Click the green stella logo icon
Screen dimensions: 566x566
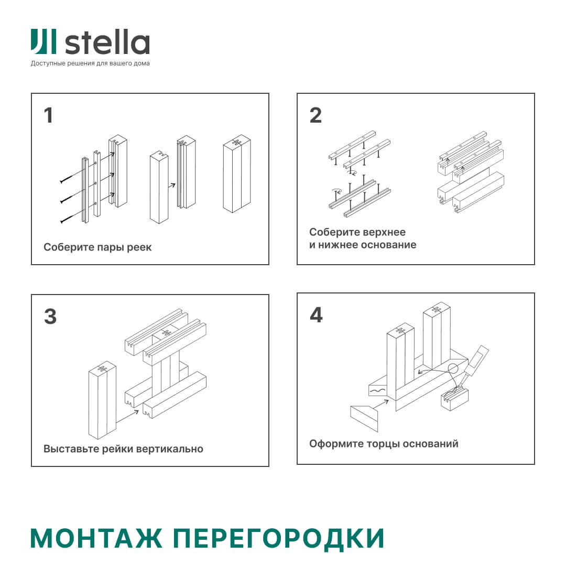tap(43, 42)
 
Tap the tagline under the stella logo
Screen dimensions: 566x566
tap(90, 64)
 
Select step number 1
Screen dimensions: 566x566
tap(49, 116)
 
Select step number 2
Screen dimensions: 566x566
tap(315, 116)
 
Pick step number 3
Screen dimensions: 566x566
tap(50, 317)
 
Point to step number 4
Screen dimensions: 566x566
tap(316, 315)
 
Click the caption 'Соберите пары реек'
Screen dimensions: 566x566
tap(97, 247)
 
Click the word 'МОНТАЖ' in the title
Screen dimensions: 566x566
tap(97, 538)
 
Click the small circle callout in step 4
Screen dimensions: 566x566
tap(453, 368)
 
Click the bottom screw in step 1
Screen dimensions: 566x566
tap(67, 219)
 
